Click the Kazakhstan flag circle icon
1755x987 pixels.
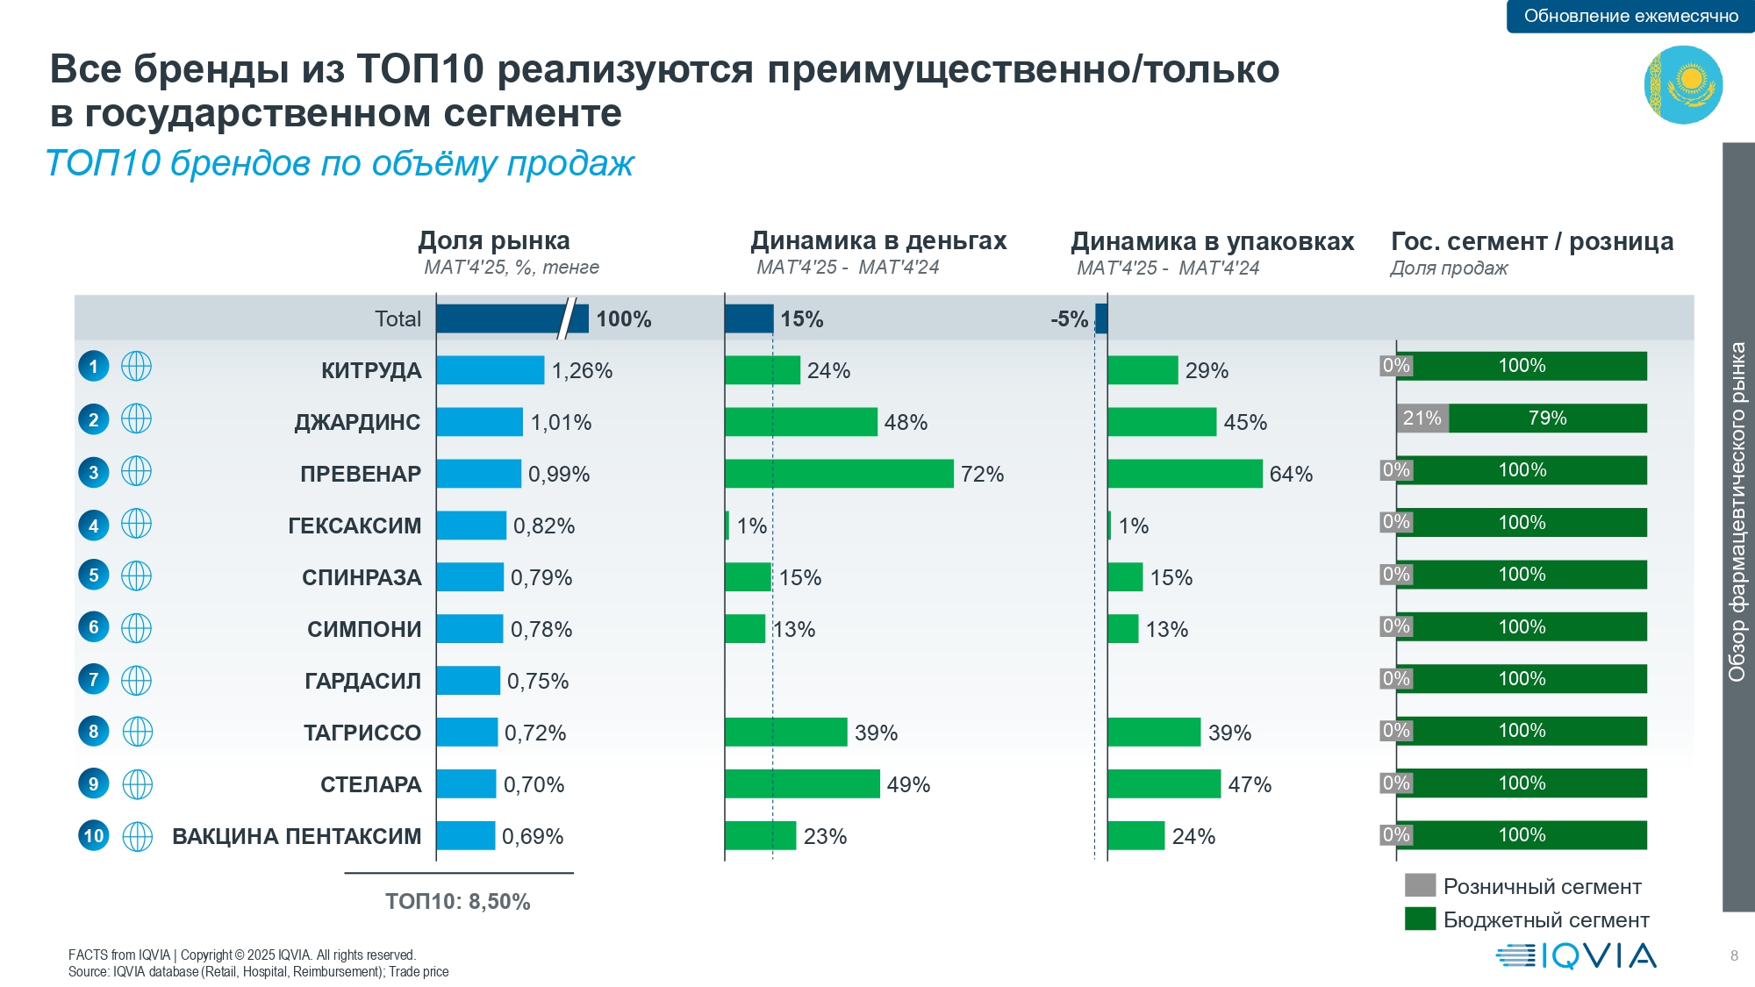pyautogui.click(x=1683, y=84)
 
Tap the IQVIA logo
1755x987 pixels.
pyautogui.click(x=1576, y=955)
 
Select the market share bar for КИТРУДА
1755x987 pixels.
pyautogui.click(x=490, y=370)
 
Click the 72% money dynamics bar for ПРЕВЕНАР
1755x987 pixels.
pyautogui.click(x=839, y=474)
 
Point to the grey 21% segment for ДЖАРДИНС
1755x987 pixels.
pyautogui.click(x=1422, y=418)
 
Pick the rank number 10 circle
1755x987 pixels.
pyautogui.click(x=94, y=836)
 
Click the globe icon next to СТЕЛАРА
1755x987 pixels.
pyautogui.click(x=137, y=784)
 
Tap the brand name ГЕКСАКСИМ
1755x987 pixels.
pyautogui.click(x=355, y=526)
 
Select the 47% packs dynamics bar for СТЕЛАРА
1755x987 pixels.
pyautogui.click(x=1164, y=784)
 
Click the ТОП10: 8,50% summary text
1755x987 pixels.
pyautogui.click(x=457, y=902)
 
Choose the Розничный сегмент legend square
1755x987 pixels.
pyautogui.click(x=1419, y=885)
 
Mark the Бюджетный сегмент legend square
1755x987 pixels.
pyautogui.click(x=1419, y=919)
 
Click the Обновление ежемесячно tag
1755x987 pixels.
pyautogui.click(x=1630, y=16)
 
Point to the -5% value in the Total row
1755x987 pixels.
pyautogui.click(x=1069, y=319)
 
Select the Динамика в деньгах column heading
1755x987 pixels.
pyautogui.click(x=878, y=241)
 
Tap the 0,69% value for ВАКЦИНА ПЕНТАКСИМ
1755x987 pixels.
pyautogui.click(x=533, y=836)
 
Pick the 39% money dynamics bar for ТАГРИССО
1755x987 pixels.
pyautogui.click(x=785, y=733)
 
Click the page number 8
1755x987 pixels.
pyautogui.click(x=1734, y=956)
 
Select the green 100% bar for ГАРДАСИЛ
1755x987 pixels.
pyautogui.click(x=1529, y=679)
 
